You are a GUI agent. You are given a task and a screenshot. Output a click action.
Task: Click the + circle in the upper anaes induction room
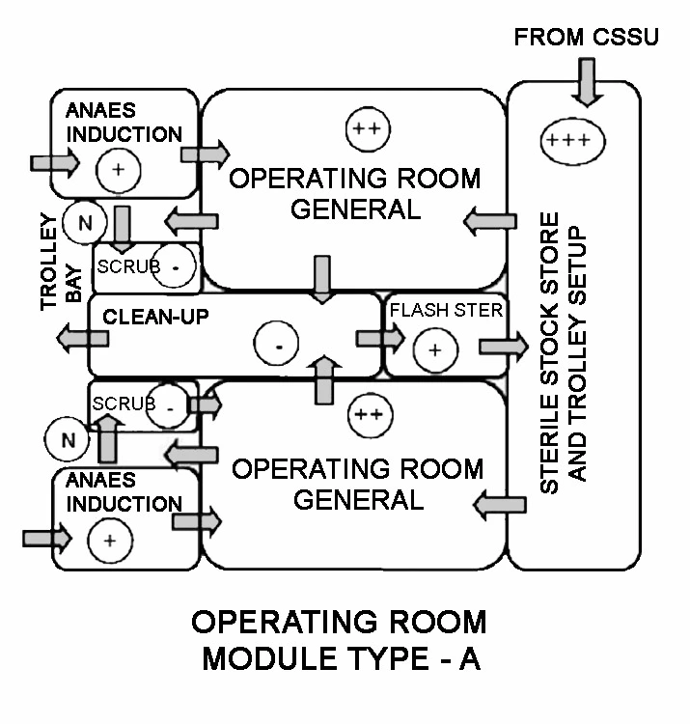tap(119, 170)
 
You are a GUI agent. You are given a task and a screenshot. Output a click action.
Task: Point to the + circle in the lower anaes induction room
tap(109, 540)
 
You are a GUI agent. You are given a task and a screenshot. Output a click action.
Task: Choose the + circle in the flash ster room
tap(434, 349)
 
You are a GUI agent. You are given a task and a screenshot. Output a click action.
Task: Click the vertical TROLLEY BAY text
tap(61, 274)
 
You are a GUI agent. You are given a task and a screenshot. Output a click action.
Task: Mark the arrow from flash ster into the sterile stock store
tap(503, 346)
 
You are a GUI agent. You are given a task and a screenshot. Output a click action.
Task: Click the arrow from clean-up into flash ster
tap(379, 338)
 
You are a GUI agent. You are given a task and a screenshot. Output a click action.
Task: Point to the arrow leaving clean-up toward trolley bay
tap(81, 338)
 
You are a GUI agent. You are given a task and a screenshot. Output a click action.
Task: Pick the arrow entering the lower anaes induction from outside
tap(47, 535)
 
